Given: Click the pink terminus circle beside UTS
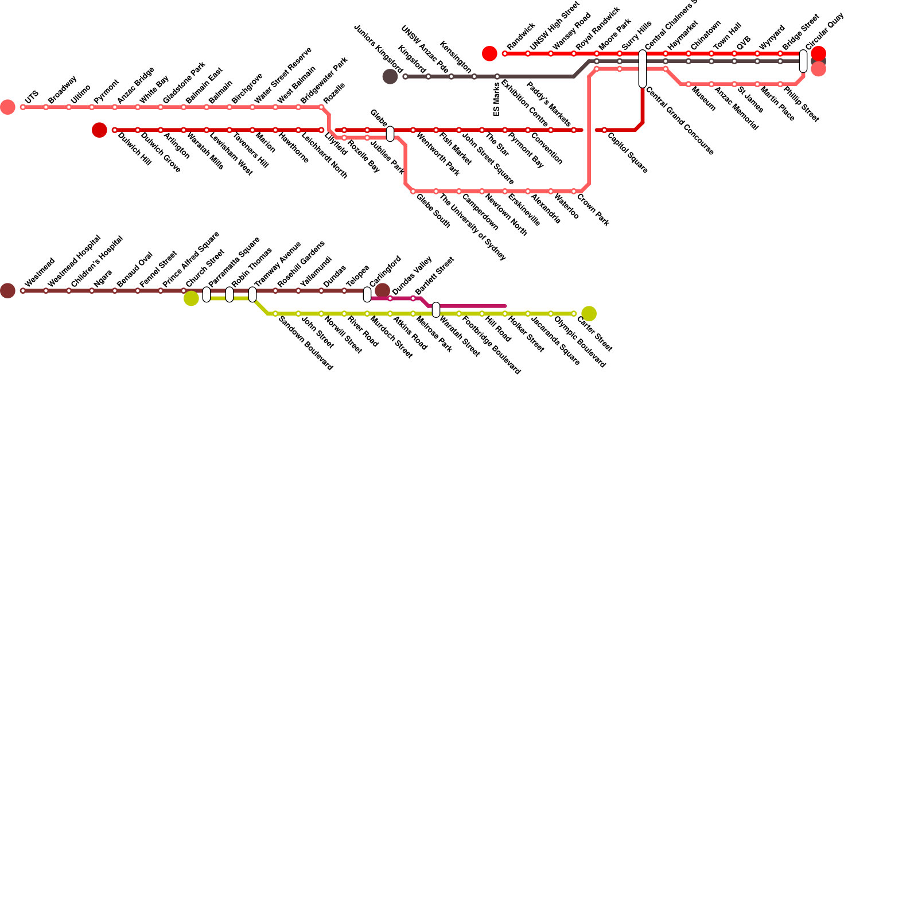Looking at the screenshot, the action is point(7,107).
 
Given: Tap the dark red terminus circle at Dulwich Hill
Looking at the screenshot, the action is point(99,130).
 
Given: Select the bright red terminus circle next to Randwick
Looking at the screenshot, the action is point(489,53).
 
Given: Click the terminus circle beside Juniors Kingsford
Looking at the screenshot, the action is point(390,76).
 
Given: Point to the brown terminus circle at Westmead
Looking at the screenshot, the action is point(7,290).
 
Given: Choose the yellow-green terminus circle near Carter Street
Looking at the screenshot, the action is point(589,313).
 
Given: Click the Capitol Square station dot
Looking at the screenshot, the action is point(604,130).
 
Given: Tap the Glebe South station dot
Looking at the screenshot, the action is point(413,191).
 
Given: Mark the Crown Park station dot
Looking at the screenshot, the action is point(574,191).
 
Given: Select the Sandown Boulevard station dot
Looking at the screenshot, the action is point(275,313).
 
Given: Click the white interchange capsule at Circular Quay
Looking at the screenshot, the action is point(803,61).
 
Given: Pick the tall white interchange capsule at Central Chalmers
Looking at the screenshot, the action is point(643,69).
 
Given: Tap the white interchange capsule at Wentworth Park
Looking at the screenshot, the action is point(390,134).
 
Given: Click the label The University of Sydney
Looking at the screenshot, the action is point(473,227).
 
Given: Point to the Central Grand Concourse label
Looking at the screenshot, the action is point(679,121).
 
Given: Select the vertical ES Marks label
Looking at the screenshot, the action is point(497,99).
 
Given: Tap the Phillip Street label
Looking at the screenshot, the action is point(801,104).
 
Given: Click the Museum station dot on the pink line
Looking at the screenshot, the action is point(688,84).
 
